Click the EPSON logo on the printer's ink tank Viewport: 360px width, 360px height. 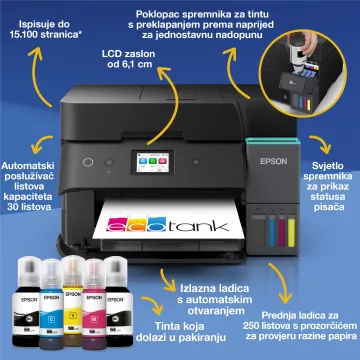pos(273,161)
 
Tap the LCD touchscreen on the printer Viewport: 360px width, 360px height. pos(152,162)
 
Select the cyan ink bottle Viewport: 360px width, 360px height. pos(51,302)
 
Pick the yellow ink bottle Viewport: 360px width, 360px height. pos(73,300)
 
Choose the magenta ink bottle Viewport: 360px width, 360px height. pos(94,303)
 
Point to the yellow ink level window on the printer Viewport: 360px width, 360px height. pos(291,233)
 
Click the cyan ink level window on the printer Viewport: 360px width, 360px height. pos(272,233)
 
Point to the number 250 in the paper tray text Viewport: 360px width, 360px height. pos(252,325)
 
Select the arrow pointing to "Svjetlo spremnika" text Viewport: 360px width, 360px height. pos(321,143)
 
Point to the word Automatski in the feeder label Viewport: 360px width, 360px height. pos(27,166)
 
